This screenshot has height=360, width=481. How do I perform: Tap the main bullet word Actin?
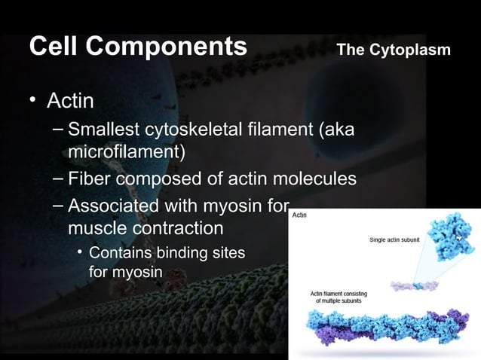click(x=72, y=100)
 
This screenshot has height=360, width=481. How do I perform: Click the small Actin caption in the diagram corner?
click(x=299, y=215)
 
